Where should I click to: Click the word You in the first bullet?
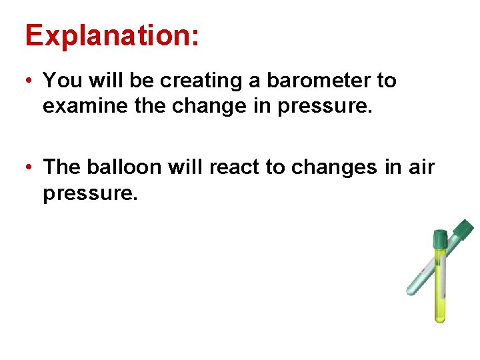62,81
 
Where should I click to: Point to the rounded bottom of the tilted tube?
411,290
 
